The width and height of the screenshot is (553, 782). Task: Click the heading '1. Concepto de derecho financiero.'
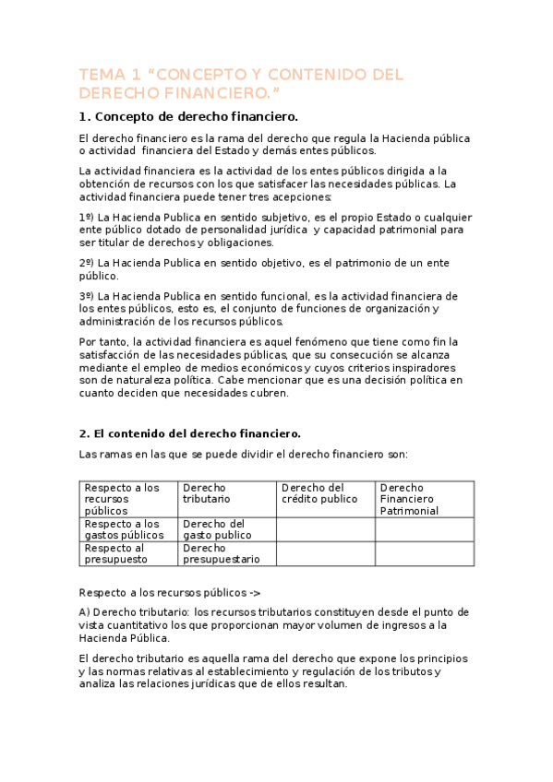(x=188, y=117)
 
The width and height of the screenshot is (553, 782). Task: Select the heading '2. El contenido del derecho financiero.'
(x=190, y=433)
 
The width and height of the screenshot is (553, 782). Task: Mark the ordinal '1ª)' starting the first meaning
(x=87, y=216)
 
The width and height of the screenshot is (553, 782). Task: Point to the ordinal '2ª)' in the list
(x=87, y=263)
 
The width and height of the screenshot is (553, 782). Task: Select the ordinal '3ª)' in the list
(x=87, y=296)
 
